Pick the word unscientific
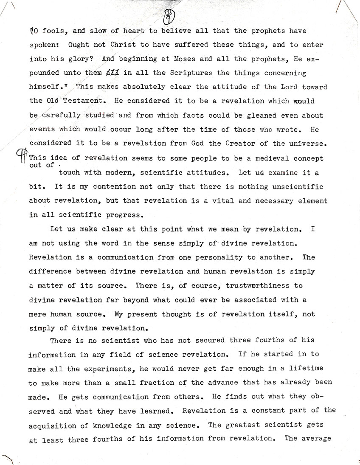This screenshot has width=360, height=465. coord(299,187)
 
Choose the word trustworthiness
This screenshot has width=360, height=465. coord(240,286)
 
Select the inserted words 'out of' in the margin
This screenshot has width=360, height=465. coord(42,165)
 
